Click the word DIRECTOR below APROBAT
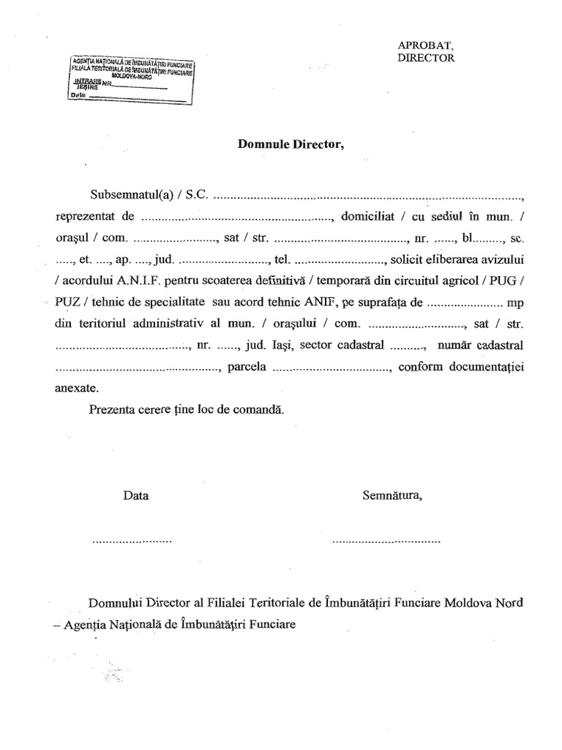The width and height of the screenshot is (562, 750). point(427,58)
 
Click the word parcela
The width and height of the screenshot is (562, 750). point(247,366)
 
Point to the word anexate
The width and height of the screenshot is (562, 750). point(75,387)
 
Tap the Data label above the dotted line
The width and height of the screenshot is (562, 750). point(136,495)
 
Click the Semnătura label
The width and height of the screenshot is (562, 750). point(392,495)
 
